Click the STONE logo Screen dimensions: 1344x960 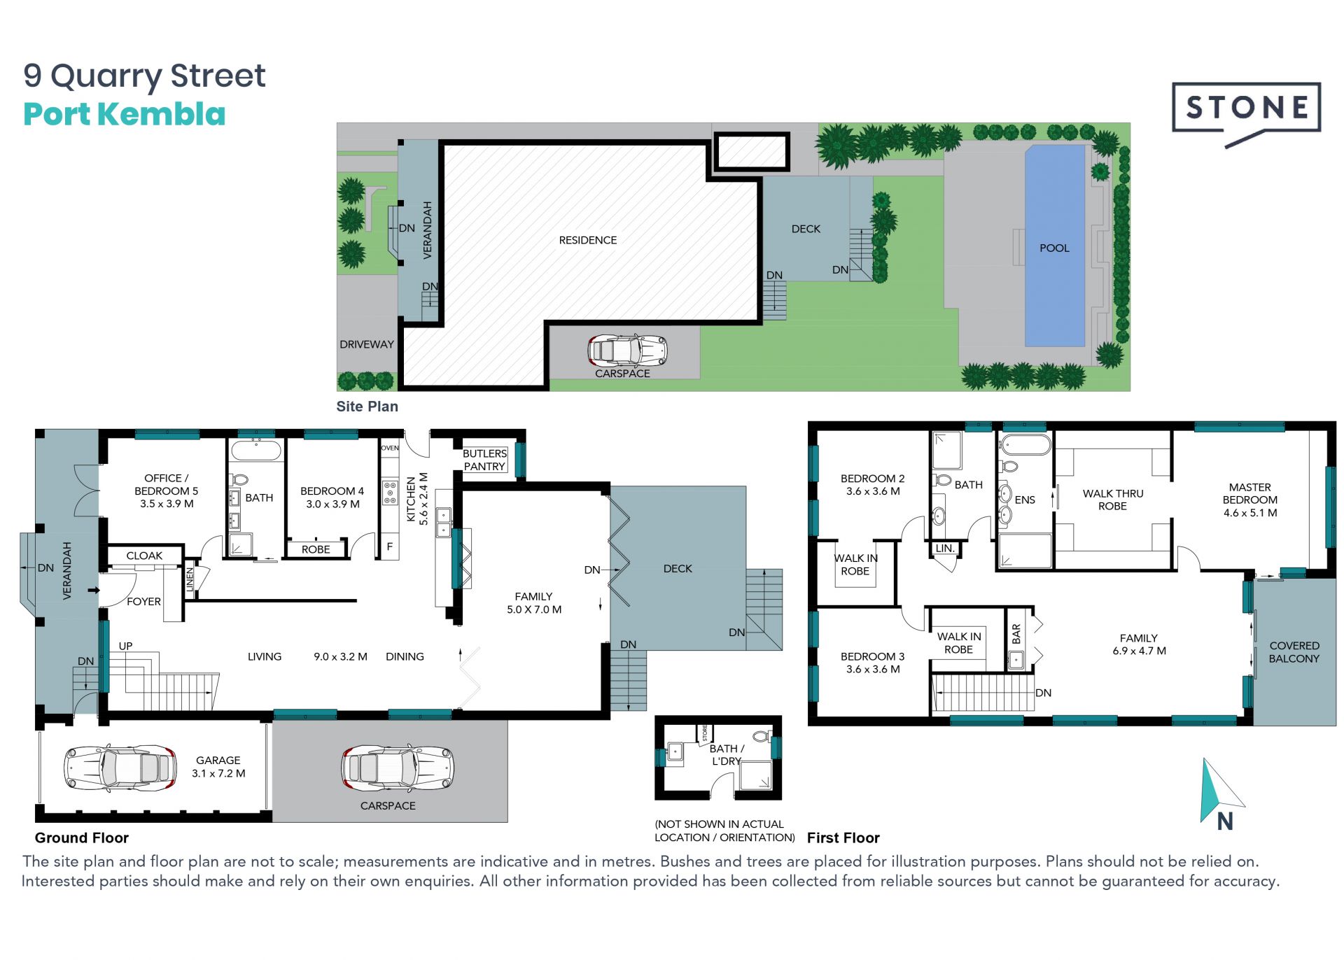coord(1246,112)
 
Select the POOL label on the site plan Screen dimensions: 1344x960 coord(1054,248)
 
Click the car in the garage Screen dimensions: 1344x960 coord(120,768)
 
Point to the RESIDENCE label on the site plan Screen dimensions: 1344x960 coord(587,240)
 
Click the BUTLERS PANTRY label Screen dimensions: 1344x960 coord(484,460)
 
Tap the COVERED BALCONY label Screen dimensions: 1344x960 coord(1294,652)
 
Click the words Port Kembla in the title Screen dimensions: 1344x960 coord(125,114)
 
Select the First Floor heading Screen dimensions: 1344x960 coord(843,838)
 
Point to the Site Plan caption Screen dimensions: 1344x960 coord(367,407)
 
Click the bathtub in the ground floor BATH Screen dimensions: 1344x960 coord(256,449)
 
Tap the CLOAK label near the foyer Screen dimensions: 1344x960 coord(144,556)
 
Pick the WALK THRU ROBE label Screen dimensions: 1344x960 coord(1112,500)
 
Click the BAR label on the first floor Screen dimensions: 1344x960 coord(1016,634)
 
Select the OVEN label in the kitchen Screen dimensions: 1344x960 coord(390,448)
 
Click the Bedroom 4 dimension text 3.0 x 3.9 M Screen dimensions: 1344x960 coord(332,504)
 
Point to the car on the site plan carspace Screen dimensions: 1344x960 coord(627,351)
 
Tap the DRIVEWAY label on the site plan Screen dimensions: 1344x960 coord(366,344)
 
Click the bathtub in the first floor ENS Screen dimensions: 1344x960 coord(1025,445)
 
